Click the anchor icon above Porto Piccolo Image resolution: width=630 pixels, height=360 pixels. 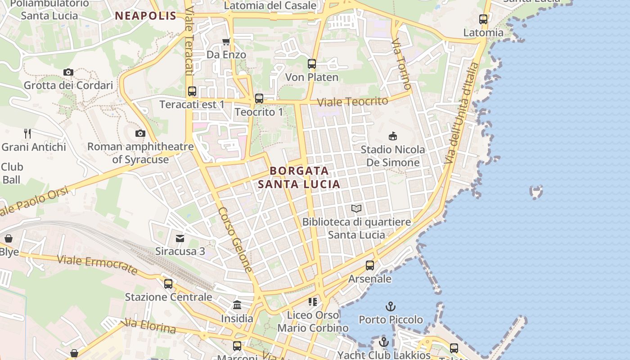(391, 307)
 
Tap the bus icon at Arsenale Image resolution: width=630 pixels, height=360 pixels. (370, 265)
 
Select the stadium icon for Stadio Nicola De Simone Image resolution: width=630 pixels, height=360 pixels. (393, 136)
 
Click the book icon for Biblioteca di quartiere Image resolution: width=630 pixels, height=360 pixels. (356, 208)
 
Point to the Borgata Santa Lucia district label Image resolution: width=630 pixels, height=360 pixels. (299, 177)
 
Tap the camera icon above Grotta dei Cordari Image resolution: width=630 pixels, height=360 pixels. (68, 72)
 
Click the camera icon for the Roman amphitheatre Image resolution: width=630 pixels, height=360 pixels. (140, 133)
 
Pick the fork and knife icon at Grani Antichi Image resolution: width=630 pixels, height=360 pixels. (27, 133)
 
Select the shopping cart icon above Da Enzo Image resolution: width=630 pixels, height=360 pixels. (226, 42)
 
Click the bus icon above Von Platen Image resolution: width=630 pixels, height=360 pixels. (312, 64)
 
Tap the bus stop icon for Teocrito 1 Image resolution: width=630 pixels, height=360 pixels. (259, 99)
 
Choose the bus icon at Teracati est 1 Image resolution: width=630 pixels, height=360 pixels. (192, 91)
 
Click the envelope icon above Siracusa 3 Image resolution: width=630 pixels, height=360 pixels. (180, 238)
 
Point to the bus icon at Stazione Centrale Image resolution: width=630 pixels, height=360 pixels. (168, 283)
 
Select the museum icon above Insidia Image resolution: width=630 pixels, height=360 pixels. (237, 305)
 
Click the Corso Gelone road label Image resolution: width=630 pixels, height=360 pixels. (235, 239)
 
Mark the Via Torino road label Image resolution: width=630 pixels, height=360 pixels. (401, 63)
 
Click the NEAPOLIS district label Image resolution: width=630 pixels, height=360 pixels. (145, 16)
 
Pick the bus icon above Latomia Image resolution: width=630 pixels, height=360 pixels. (483, 19)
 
